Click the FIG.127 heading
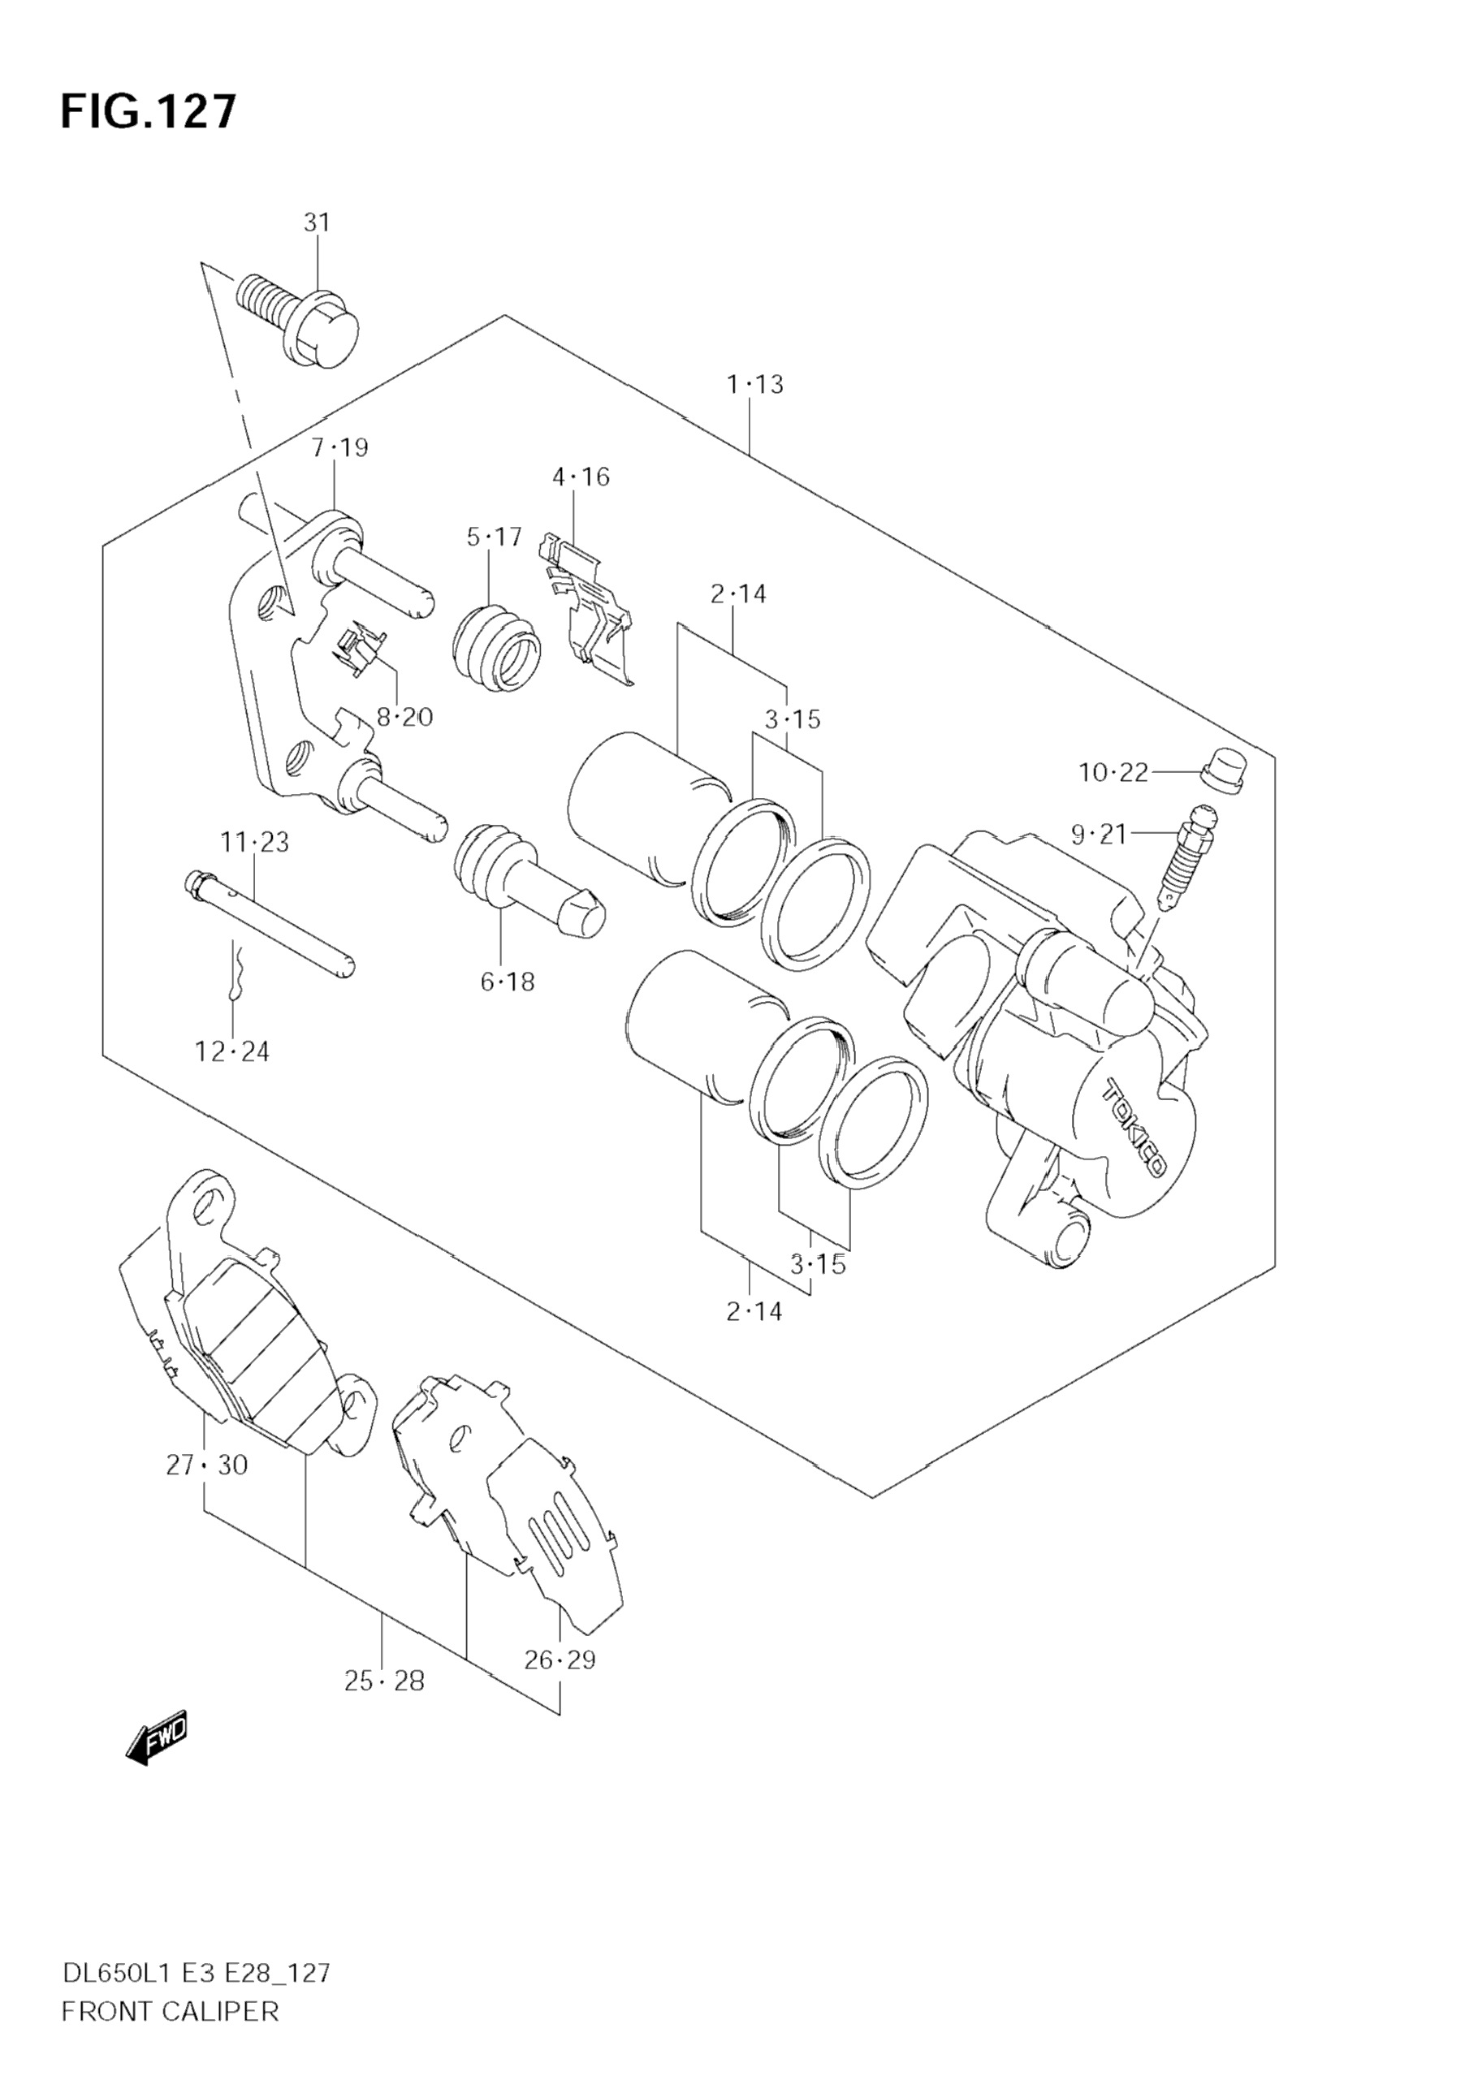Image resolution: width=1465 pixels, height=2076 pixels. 149,112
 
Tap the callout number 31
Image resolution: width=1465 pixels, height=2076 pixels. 317,222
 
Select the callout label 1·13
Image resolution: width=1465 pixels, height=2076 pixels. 755,385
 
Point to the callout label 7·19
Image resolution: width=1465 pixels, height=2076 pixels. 340,447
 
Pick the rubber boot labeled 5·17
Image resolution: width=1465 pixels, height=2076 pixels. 495,646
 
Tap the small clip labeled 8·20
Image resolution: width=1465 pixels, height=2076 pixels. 359,650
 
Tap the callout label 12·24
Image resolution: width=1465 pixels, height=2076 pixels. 232,1051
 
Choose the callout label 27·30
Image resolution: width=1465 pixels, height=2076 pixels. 207,1465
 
